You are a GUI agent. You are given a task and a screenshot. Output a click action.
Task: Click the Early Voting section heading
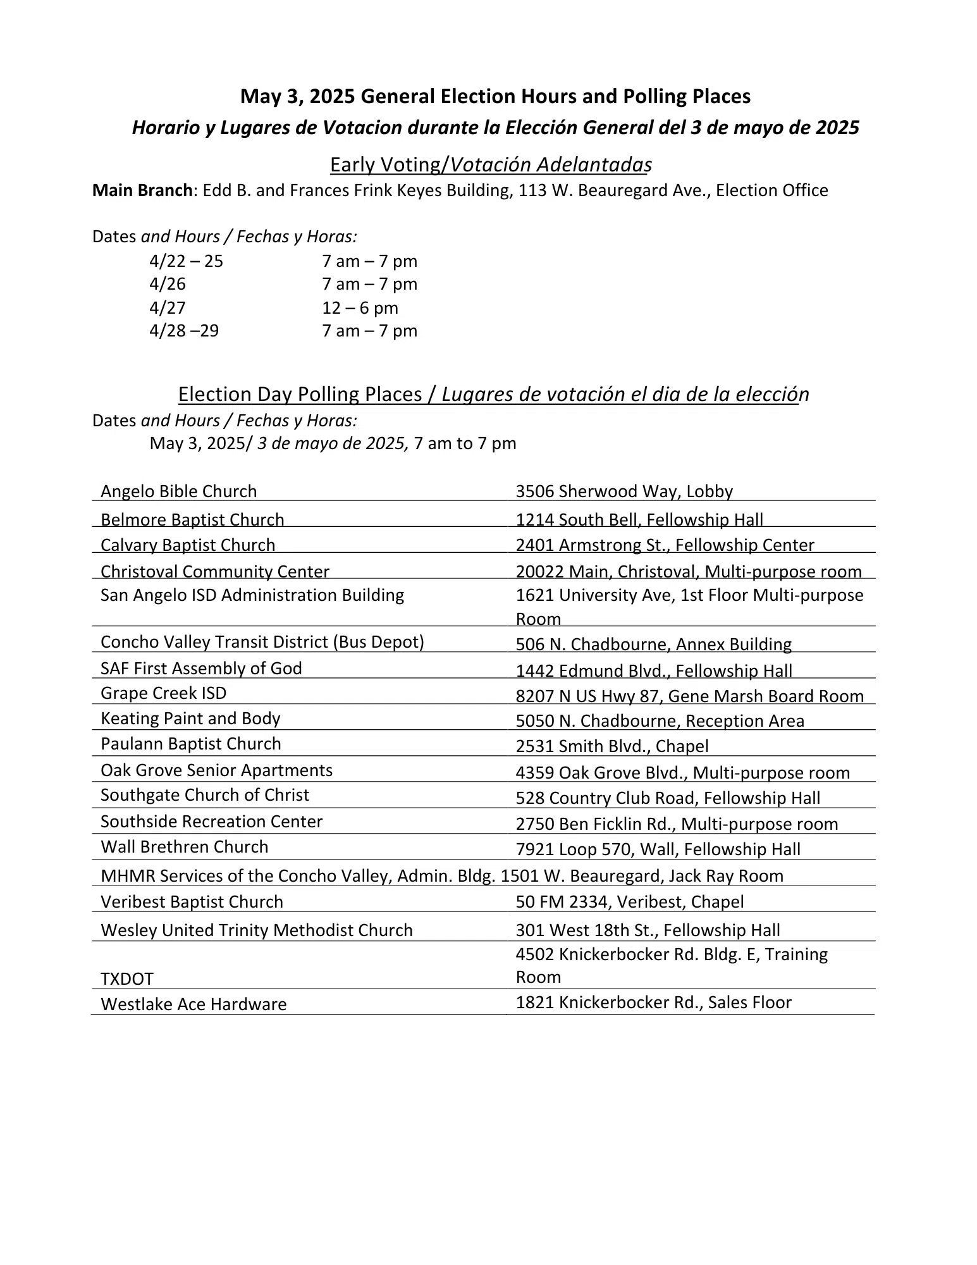pos(490,164)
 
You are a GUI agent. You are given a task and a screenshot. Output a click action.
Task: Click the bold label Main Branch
pos(142,190)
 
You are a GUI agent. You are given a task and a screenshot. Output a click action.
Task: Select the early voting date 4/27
pos(168,308)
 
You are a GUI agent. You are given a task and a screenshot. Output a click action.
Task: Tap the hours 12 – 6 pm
pos(360,308)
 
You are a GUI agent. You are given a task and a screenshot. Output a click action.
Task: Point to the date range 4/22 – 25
pos(186,261)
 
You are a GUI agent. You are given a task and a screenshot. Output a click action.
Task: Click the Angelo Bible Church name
pos(178,491)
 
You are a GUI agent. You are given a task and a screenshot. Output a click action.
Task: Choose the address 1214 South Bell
pos(639,520)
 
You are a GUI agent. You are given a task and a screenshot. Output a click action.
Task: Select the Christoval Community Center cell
pos(215,572)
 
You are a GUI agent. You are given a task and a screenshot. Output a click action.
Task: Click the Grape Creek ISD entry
pos(163,693)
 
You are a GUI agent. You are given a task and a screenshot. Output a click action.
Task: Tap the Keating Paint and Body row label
pos(190,719)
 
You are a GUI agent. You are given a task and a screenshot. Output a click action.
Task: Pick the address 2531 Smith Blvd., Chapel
pos(611,746)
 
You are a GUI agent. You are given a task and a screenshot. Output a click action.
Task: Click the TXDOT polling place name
pos(127,979)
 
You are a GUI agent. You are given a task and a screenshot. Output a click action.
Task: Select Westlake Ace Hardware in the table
pos(194,1004)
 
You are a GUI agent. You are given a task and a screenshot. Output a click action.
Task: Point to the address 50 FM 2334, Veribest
pos(629,902)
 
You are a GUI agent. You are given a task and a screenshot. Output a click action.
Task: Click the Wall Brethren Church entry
pos(184,847)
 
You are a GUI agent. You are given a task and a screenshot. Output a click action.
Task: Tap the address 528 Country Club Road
pos(668,798)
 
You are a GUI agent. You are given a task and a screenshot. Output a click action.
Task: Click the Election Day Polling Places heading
pos(493,394)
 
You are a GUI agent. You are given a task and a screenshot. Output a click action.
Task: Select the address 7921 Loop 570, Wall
pos(658,849)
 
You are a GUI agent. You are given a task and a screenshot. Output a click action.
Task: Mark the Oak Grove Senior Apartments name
pos(216,770)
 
